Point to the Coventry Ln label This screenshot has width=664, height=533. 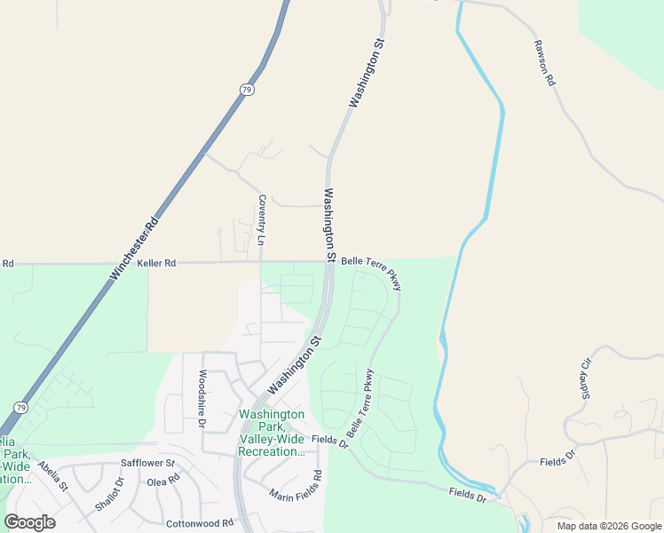(x=261, y=219)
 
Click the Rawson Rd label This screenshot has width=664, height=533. (x=544, y=62)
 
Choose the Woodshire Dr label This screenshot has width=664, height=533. (x=202, y=400)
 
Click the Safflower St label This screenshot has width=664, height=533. (x=148, y=464)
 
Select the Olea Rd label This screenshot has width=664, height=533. (x=163, y=481)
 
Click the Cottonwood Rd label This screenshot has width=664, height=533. (x=199, y=522)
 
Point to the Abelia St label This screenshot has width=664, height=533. (x=52, y=476)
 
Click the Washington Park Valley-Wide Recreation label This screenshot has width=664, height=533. (x=272, y=433)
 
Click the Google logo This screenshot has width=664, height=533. (x=29, y=522)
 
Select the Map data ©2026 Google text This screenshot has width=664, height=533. (x=609, y=526)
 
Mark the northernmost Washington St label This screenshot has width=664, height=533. (x=368, y=73)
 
